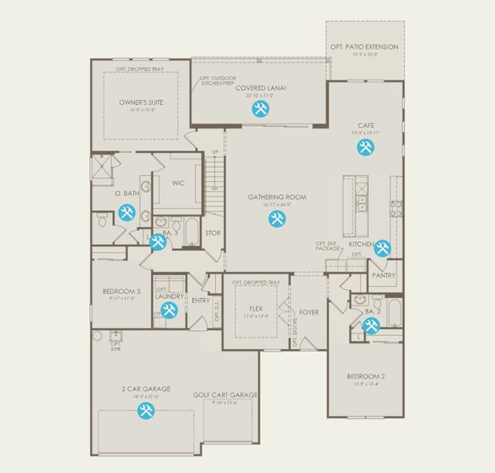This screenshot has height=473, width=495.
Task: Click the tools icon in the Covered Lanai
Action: [x=259, y=110]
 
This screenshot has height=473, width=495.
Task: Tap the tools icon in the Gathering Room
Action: [x=276, y=219]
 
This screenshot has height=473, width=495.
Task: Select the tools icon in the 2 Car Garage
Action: [x=145, y=411]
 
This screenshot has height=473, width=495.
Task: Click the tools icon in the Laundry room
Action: [x=167, y=311]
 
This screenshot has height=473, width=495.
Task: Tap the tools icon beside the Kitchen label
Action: [x=382, y=248]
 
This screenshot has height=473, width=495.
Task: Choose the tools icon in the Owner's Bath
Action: [x=126, y=211]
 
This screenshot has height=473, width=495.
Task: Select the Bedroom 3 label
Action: [x=121, y=292]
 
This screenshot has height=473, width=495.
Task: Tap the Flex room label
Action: [x=255, y=308]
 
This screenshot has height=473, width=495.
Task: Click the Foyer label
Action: [x=309, y=312]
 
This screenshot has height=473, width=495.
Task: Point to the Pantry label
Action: [x=383, y=276]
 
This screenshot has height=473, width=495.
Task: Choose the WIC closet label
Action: [x=178, y=183]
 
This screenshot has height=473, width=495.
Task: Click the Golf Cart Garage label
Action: [x=225, y=396]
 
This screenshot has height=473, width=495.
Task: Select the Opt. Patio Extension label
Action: [x=364, y=47]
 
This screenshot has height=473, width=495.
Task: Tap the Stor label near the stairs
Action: [x=213, y=233]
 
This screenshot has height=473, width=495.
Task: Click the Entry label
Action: [x=200, y=300]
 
